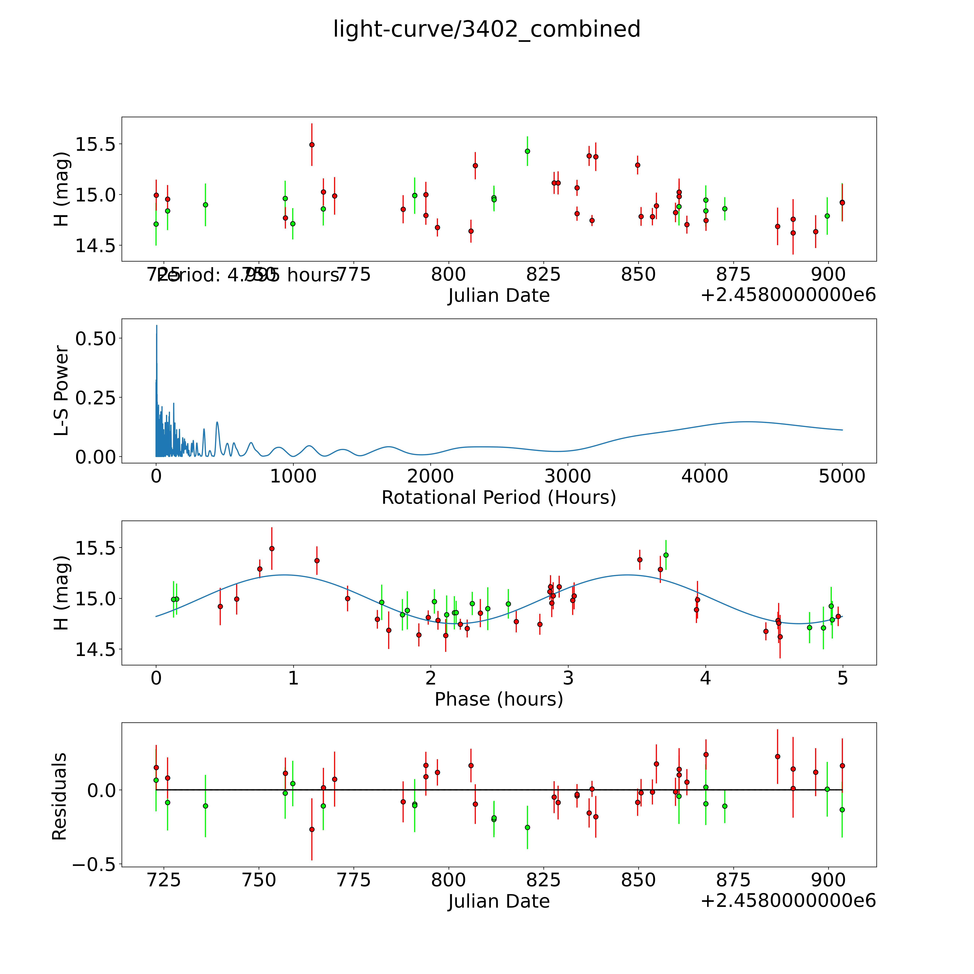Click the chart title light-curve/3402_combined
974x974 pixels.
(x=486, y=29)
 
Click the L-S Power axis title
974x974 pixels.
(x=60, y=391)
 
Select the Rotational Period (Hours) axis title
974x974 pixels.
(x=499, y=498)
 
